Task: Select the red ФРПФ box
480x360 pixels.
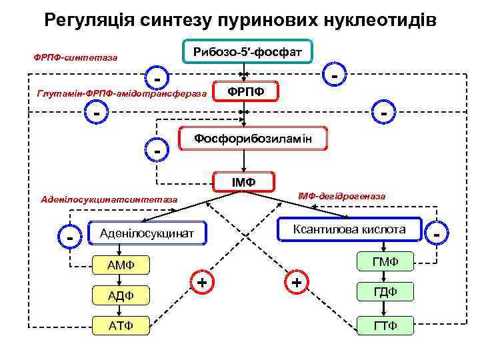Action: click(x=246, y=91)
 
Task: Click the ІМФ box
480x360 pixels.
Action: click(x=243, y=181)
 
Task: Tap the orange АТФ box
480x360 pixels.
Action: click(x=121, y=325)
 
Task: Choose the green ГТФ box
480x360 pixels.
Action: click(x=386, y=325)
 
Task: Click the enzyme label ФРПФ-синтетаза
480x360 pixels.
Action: click(x=75, y=57)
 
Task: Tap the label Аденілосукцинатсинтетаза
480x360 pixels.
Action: click(x=109, y=199)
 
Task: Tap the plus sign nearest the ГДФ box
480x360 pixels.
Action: click(x=297, y=283)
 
